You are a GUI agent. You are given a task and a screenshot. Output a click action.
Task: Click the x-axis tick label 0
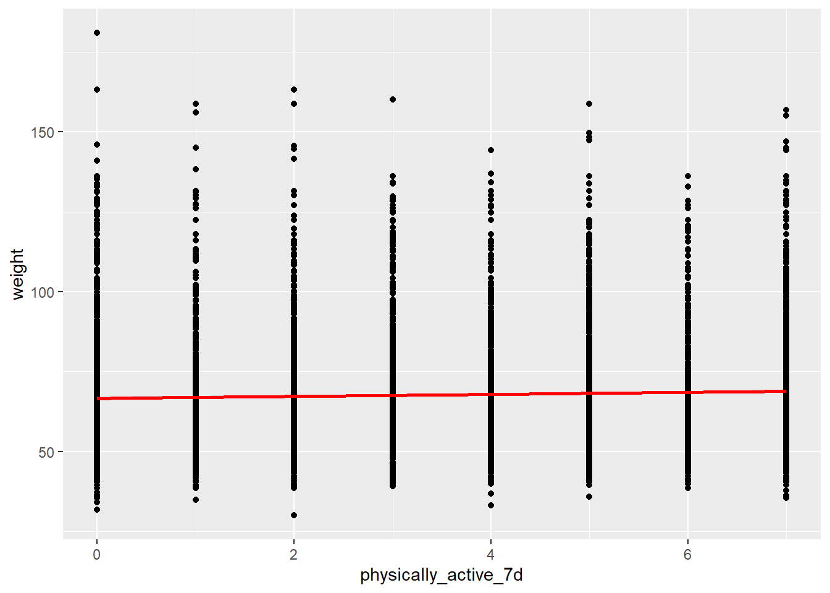point(96,555)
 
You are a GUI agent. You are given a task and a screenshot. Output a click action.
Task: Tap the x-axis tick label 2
point(293,555)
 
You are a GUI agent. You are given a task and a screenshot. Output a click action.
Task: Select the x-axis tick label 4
point(490,555)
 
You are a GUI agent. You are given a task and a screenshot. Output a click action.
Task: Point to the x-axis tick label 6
point(687,555)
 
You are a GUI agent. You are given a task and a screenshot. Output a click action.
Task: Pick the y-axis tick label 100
point(43,292)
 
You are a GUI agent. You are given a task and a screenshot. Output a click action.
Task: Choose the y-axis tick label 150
point(43,132)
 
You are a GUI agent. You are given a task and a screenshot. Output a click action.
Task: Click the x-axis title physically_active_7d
point(441,575)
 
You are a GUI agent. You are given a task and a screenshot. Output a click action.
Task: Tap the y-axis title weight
point(17,274)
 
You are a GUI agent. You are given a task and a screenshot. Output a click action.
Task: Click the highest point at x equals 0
point(97,33)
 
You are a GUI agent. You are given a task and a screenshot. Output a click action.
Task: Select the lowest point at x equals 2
point(294,515)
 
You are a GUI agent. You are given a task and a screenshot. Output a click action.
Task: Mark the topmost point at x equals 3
point(392,99)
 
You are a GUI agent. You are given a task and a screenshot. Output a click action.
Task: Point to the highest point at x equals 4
point(491,150)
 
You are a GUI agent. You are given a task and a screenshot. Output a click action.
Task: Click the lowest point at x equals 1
point(196,500)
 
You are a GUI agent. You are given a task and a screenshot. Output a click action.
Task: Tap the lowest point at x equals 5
point(589,497)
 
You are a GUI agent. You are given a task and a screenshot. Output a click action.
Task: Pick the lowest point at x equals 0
point(97,510)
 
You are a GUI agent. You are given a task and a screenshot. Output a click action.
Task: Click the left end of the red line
point(98,398)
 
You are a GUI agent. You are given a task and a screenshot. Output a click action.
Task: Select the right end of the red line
point(786,391)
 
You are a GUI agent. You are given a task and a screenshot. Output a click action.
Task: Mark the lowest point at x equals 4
point(491,505)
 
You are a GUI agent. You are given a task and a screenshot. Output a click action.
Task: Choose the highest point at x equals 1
point(196,104)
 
